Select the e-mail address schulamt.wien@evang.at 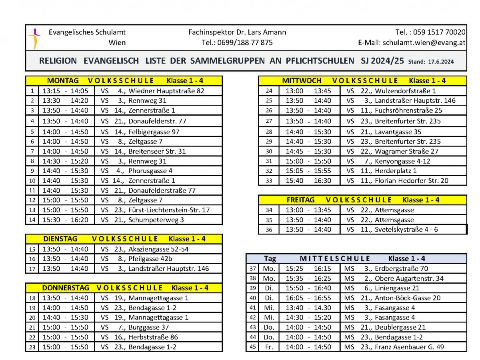(x=424, y=43)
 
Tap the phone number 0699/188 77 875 (x=237, y=43)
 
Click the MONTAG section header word (x=63, y=80)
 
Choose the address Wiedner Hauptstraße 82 (x=166, y=91)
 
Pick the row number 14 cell (x=32, y=220)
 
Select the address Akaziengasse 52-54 (x=158, y=249)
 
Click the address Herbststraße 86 (x=153, y=337)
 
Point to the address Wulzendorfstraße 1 (x=405, y=91)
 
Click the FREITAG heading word (x=300, y=200)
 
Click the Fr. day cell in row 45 (x=269, y=347)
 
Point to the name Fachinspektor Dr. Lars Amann (x=237, y=32)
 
